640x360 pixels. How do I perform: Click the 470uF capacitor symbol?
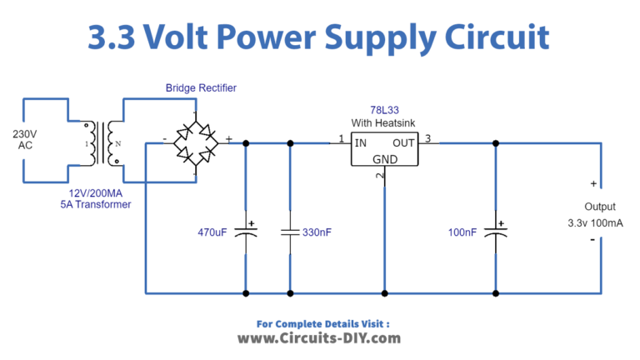click(246, 232)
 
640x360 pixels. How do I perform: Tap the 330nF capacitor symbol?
click(290, 232)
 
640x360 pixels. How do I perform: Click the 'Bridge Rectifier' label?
click(199, 87)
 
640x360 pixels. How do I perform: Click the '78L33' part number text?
click(384, 110)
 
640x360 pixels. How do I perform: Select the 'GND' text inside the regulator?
click(385, 158)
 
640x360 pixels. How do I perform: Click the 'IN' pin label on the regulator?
click(361, 142)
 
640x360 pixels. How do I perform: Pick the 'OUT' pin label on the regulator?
click(403, 142)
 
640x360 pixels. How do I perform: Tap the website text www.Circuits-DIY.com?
click(319, 338)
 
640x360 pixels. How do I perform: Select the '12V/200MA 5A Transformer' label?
click(94, 198)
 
